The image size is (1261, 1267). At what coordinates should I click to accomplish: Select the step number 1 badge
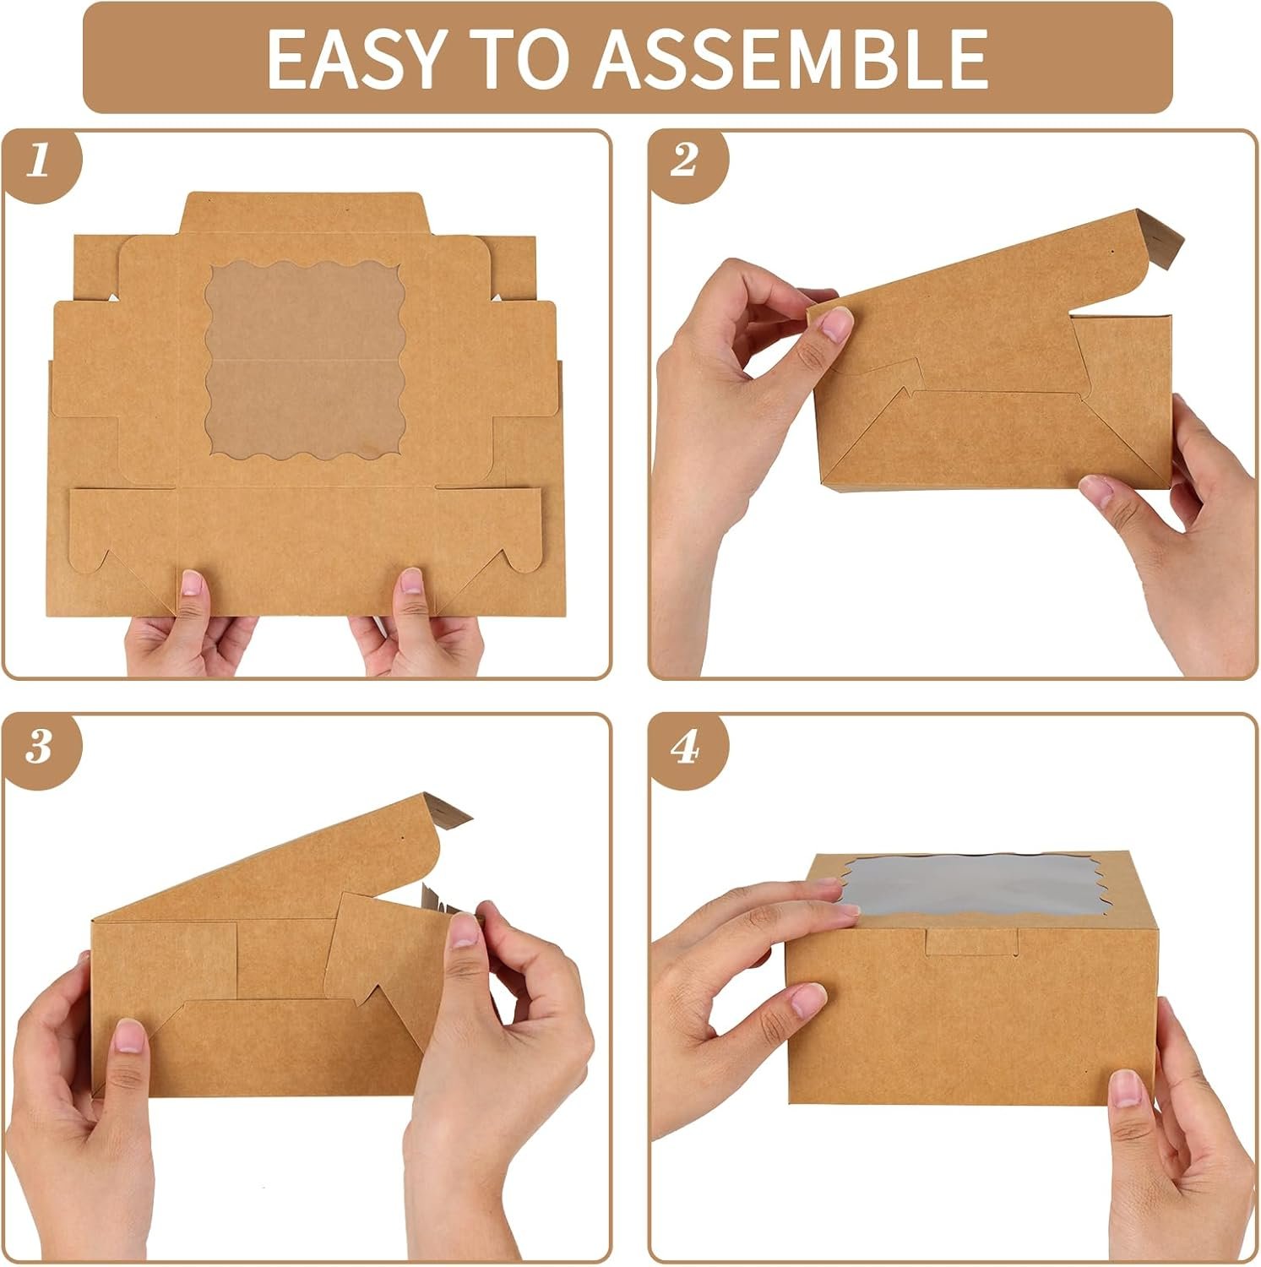pos(39,160)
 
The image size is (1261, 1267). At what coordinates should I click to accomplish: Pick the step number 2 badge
pos(684,160)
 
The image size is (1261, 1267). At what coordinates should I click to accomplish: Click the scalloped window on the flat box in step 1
pos(305,356)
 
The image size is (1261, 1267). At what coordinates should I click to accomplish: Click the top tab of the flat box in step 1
pos(305,211)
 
